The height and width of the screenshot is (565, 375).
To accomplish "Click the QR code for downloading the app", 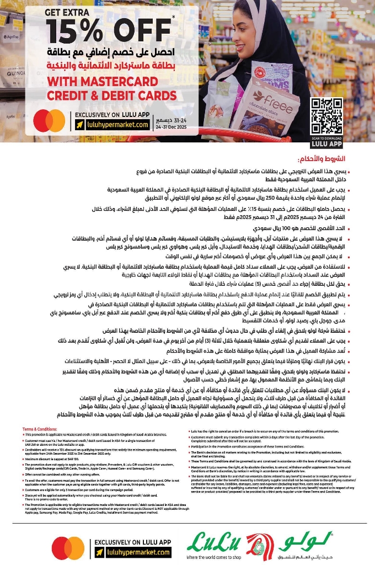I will (327, 115).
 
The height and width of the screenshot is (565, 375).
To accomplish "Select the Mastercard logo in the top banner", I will (50, 121).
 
